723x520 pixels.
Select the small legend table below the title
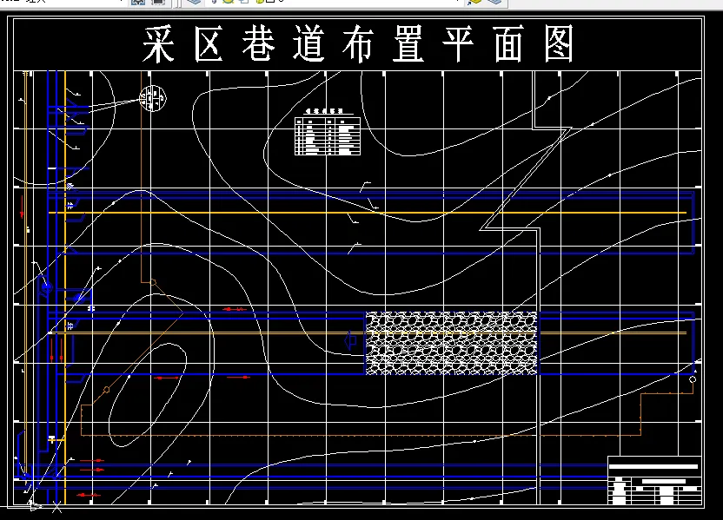click(328, 133)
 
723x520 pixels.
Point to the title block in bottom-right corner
click(654, 481)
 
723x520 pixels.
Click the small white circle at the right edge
click(693, 379)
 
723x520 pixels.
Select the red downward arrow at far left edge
click(23, 207)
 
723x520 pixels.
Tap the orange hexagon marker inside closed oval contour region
click(106, 390)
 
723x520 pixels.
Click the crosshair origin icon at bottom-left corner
click(35, 504)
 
